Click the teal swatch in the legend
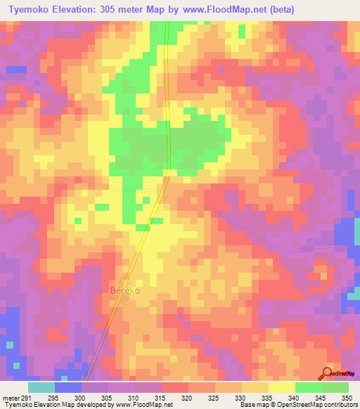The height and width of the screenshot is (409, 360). click(41, 387)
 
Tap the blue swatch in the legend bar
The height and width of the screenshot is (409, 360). click(68, 387)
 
